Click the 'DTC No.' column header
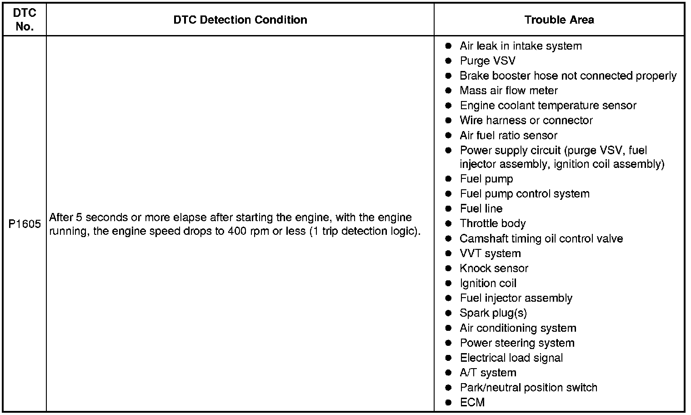click(25, 20)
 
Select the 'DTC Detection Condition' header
click(240, 20)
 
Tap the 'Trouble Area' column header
click(559, 20)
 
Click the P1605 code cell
click(25, 224)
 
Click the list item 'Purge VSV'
click(487, 61)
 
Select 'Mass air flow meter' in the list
click(508, 91)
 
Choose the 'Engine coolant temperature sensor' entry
click(548, 106)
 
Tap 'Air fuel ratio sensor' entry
click(508, 136)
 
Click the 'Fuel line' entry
click(481, 209)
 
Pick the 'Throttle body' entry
click(492, 223)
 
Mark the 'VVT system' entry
click(490, 253)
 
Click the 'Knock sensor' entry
click(494, 268)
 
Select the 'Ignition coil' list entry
click(488, 283)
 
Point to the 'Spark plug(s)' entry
click(493, 313)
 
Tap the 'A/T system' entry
click(488, 373)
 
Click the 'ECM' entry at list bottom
click(472, 402)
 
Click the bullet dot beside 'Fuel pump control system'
click(448, 194)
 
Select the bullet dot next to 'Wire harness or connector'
click(448, 121)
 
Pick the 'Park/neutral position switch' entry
click(528, 388)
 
